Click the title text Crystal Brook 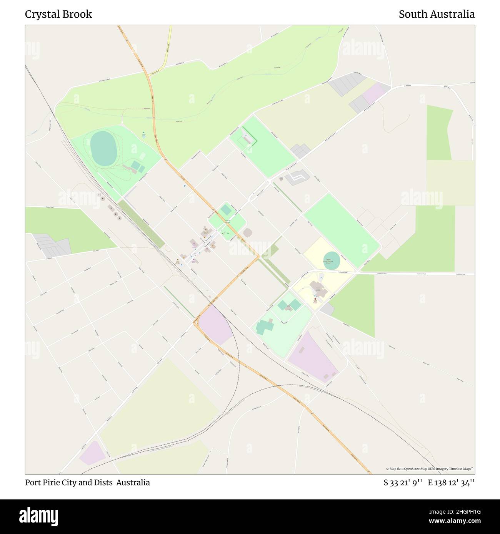pos(58,14)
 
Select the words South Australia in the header pos(437,14)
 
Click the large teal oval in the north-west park pos(103,148)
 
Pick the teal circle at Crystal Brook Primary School pos(332,261)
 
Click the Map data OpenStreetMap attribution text pos(430,469)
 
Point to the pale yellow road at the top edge pos(168,46)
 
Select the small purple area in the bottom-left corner pos(92,453)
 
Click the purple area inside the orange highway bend pos(215,326)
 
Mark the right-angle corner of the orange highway pos(258,257)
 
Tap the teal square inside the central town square pos(226,210)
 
